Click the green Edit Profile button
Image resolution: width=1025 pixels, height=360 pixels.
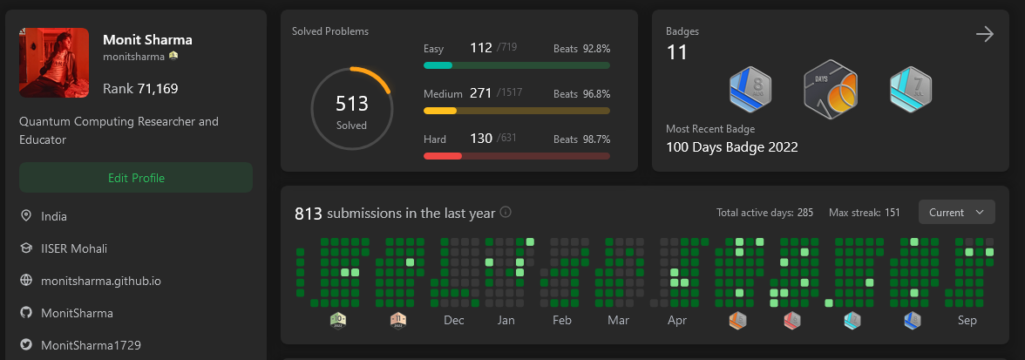(136, 178)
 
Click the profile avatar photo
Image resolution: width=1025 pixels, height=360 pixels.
(54, 63)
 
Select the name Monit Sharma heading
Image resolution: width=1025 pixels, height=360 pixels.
(147, 40)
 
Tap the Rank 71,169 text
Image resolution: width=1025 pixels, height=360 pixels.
(140, 88)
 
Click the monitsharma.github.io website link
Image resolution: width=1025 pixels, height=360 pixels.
(100, 281)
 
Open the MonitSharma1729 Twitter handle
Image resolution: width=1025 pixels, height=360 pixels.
(91, 344)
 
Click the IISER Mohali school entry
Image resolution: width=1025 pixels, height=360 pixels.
(74, 248)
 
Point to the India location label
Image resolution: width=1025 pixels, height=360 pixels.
(54, 216)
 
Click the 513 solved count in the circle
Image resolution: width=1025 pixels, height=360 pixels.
(352, 105)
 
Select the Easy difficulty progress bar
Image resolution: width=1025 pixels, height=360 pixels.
(516, 65)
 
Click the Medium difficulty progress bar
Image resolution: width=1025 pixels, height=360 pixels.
(516, 111)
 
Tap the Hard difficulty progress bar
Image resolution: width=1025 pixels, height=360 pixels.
(516, 156)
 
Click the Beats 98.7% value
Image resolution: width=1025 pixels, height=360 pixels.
(581, 139)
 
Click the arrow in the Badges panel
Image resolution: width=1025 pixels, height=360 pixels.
(985, 34)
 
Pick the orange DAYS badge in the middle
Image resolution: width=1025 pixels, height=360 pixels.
(831, 88)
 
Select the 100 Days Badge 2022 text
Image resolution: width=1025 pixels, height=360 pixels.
(731, 146)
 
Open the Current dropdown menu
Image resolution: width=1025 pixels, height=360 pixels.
(956, 212)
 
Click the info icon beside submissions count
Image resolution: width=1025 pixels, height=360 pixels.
(506, 212)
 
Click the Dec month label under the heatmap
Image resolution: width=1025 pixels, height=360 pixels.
(453, 320)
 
